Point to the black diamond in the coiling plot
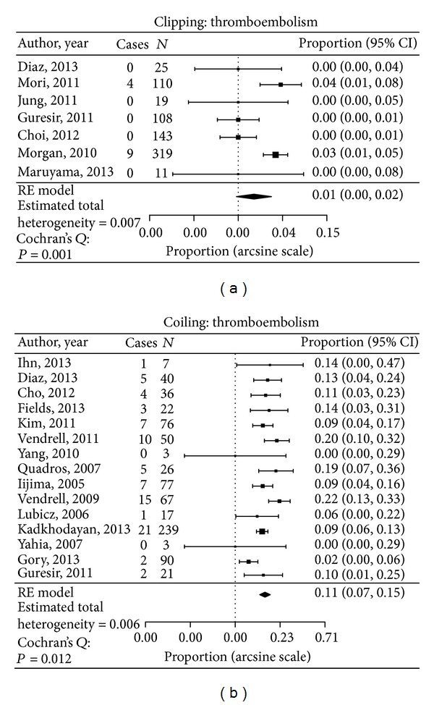point(265,594)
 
